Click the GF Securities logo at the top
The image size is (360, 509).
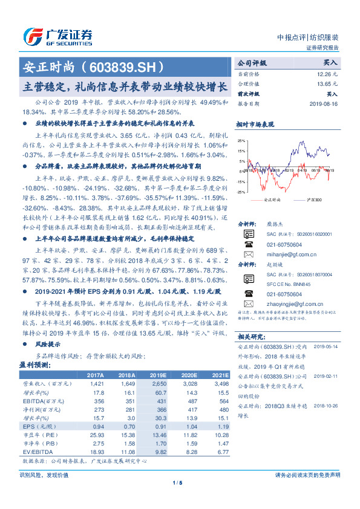pos(57,37)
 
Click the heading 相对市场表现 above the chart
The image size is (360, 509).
pos(255,125)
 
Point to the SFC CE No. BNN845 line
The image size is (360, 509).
pos(289,284)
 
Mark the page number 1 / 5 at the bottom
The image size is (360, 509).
pos(177,483)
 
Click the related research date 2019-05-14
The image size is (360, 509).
pos(327,347)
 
